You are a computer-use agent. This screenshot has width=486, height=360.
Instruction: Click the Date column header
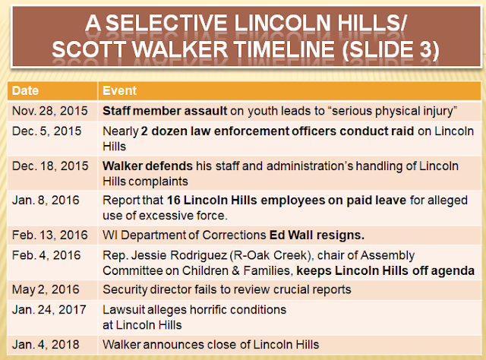pyautogui.click(x=25, y=91)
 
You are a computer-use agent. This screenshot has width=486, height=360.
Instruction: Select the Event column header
pyautogui.click(x=120, y=91)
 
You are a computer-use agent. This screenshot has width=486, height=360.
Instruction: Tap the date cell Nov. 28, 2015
pyautogui.click(x=50, y=111)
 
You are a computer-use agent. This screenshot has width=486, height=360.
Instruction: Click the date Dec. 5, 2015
pyautogui.click(x=46, y=131)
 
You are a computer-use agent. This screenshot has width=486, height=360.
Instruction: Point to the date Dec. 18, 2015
pyautogui.click(x=50, y=166)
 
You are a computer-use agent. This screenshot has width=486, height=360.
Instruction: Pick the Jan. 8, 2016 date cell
pyautogui.click(x=46, y=201)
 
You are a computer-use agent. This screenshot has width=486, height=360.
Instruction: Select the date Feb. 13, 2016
pyautogui.click(x=50, y=235)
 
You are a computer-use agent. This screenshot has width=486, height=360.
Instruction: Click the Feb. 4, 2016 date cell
pyautogui.click(x=46, y=255)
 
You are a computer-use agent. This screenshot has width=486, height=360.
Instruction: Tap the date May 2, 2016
pyautogui.click(x=46, y=289)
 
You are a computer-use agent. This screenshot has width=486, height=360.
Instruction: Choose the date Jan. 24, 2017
pyautogui.click(x=49, y=310)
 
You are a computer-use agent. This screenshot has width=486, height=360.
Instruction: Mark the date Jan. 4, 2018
pyautogui.click(x=46, y=345)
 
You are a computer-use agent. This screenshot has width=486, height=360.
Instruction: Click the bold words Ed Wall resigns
pyautogui.click(x=317, y=235)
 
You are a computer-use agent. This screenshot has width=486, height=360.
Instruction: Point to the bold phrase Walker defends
pyautogui.click(x=147, y=166)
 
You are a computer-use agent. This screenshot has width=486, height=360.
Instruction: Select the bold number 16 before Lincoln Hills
pyautogui.click(x=174, y=201)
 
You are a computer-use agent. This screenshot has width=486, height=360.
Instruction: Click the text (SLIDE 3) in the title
pyautogui.click(x=390, y=50)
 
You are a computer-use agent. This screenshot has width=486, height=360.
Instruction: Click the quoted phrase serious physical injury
pyautogui.click(x=394, y=112)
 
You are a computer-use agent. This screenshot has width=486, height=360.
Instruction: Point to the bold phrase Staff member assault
pyautogui.click(x=165, y=111)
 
